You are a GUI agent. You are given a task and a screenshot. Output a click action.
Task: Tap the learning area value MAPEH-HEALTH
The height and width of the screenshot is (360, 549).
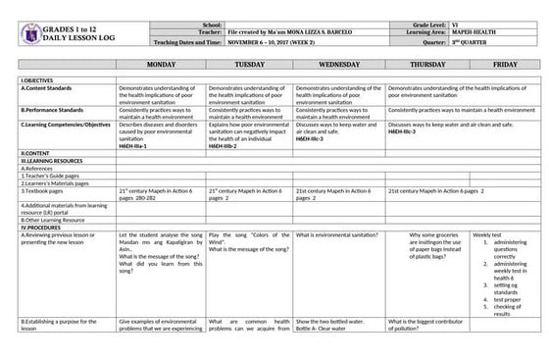[x=472, y=33]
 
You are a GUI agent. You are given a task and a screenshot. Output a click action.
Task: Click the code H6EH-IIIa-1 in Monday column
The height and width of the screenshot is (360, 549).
[x=136, y=145]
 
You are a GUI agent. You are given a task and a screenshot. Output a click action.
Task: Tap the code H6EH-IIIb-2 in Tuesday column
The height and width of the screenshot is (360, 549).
[x=225, y=145]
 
